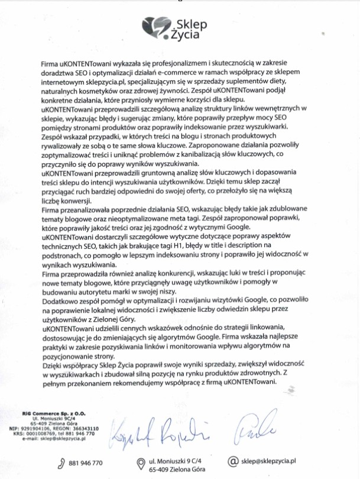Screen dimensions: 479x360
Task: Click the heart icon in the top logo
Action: tap(157, 27)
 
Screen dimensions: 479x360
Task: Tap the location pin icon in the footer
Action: tap(140, 462)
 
